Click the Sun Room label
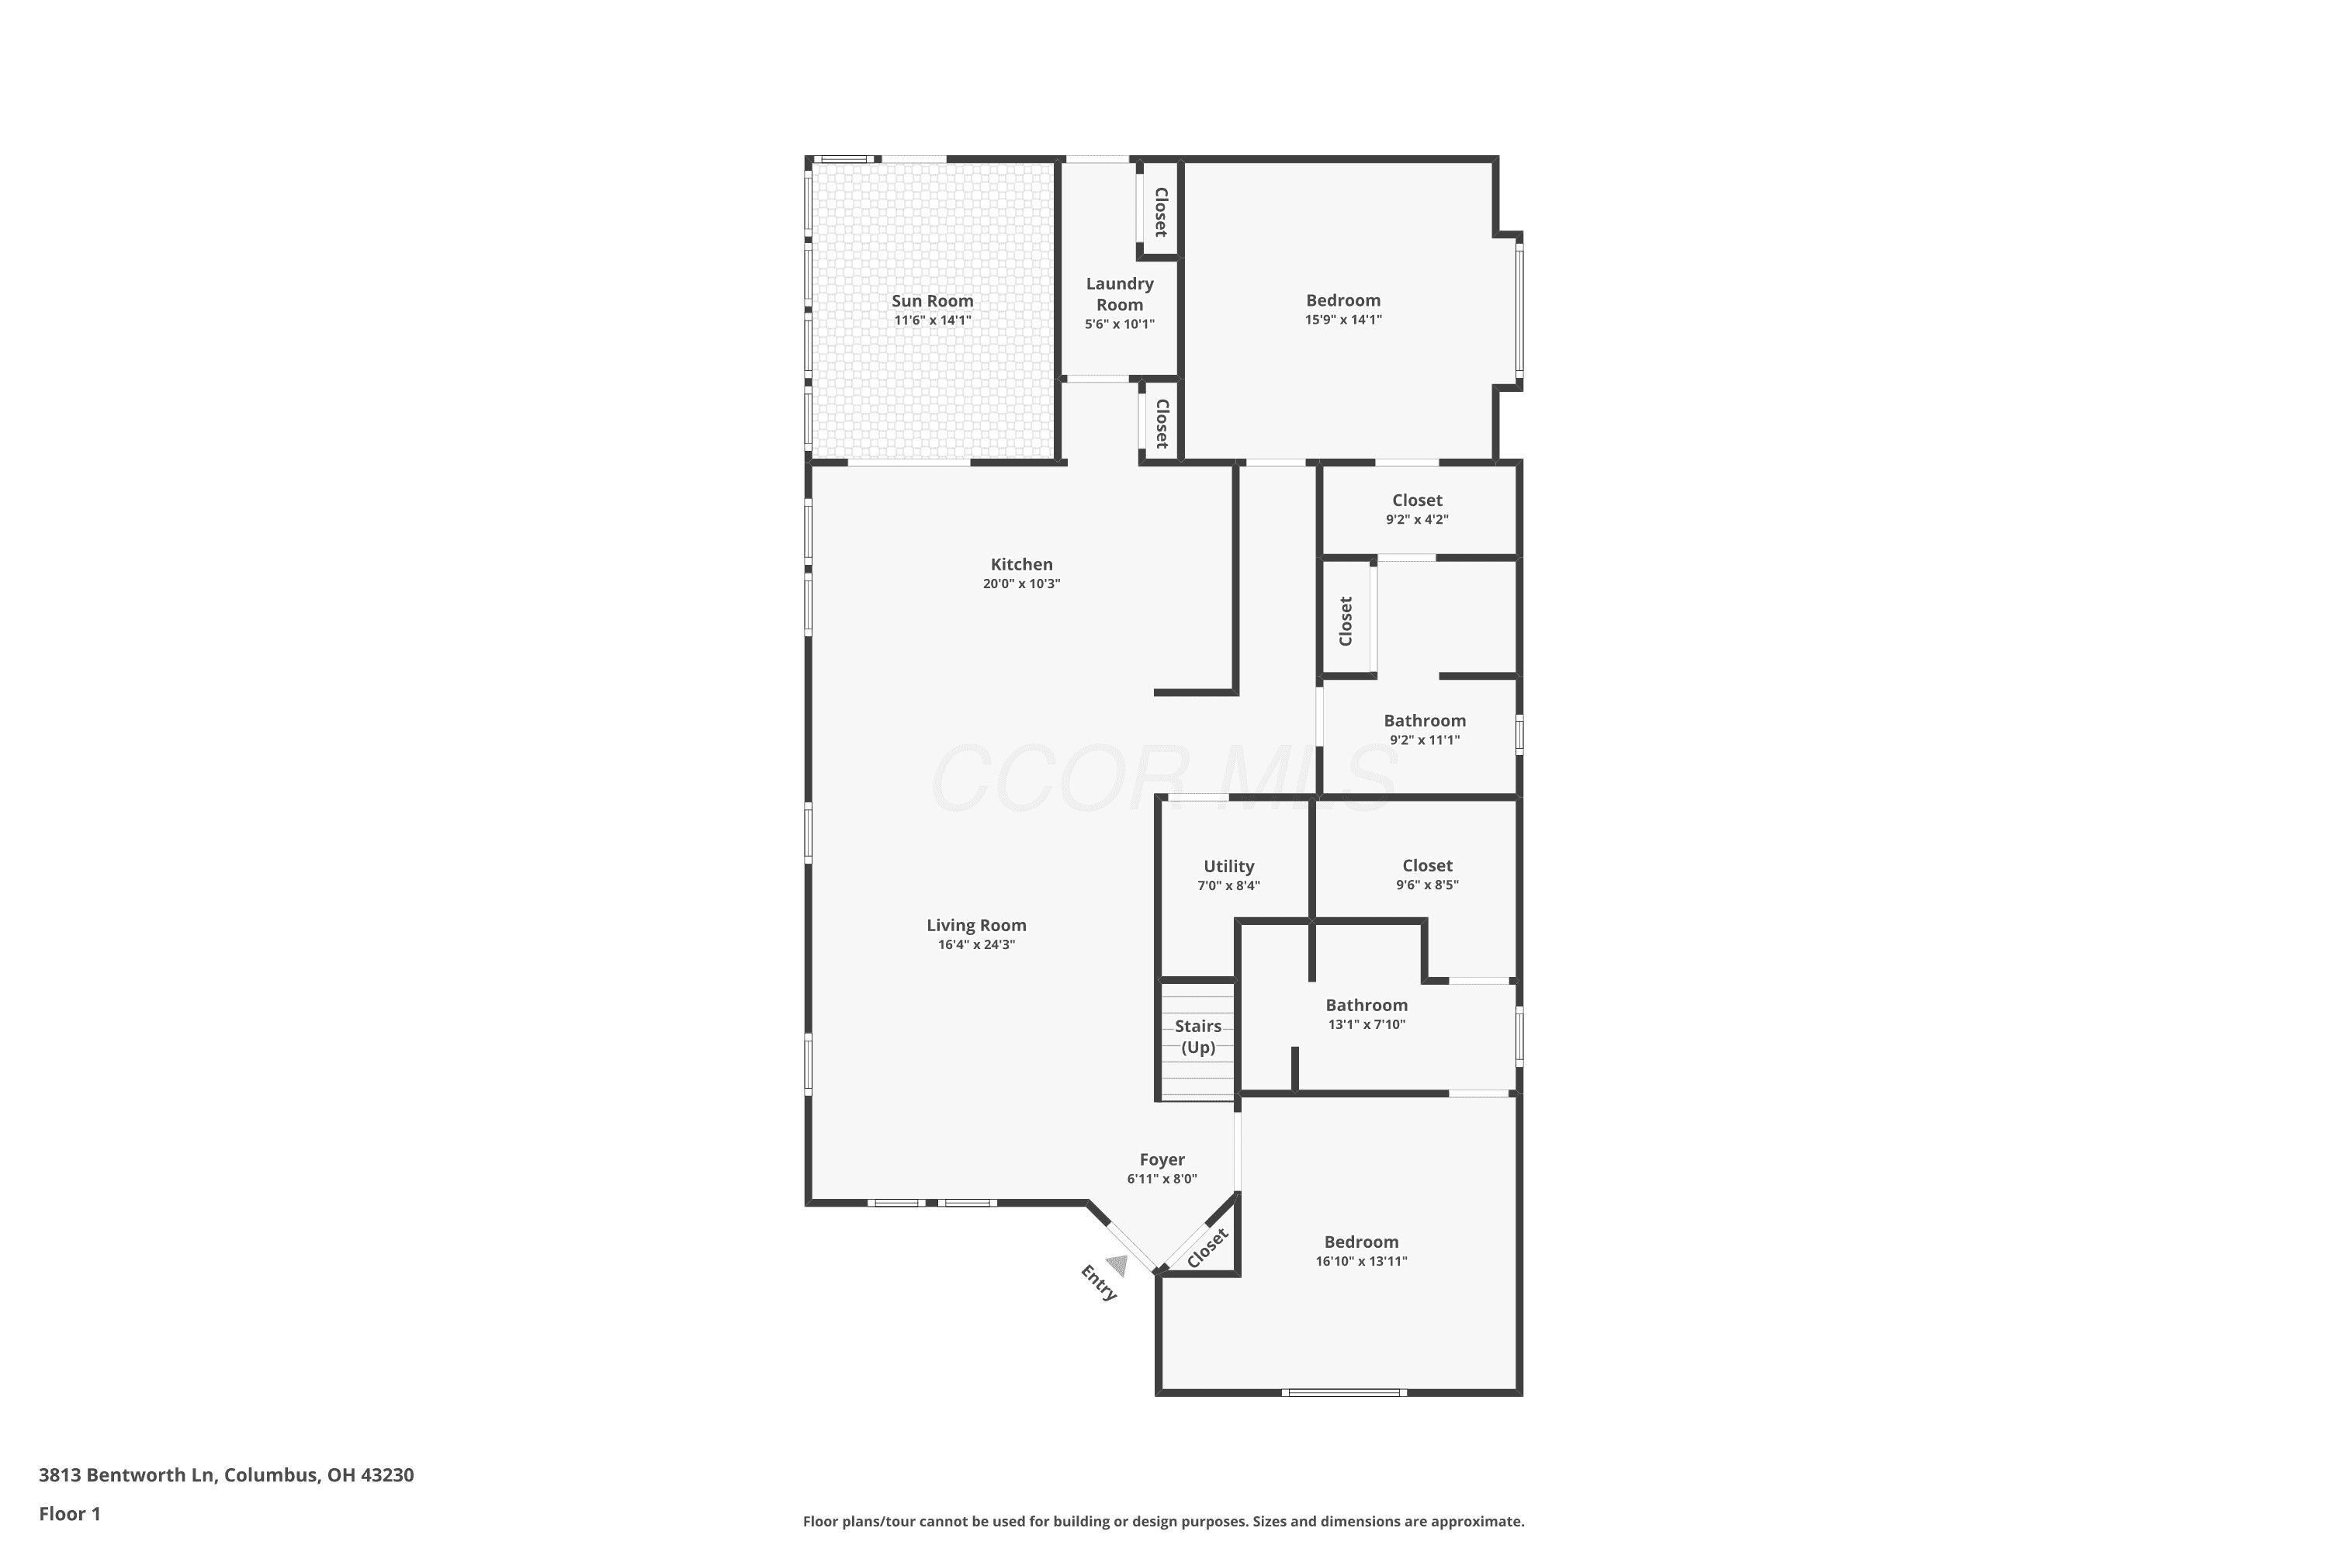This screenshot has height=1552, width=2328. pos(933,301)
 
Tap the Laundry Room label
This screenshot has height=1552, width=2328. pos(1120,294)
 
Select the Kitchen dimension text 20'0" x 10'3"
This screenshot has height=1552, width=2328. pos(1021,584)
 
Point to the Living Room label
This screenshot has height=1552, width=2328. pos(976,926)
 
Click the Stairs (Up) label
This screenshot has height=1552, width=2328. pos(1197,1036)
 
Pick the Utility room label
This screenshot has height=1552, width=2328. pos(1228,866)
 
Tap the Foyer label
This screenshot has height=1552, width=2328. pos(1162,1159)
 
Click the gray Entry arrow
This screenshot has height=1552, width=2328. pos(1117,1265)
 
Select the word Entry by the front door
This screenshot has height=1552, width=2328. pos(1099,1283)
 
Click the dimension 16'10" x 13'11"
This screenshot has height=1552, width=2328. pos(1361,1261)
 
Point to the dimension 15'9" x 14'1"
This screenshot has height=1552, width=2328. pos(1343,320)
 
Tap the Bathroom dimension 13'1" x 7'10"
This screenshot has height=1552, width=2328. pos(1366,1024)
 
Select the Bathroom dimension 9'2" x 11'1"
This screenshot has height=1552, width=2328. pos(1424,740)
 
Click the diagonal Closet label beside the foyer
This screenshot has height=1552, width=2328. pos(1207,1247)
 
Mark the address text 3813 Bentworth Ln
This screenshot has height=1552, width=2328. pos(126,1475)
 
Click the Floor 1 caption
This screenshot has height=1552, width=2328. pos(69,1513)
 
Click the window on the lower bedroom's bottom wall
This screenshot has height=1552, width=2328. pos(1343,1393)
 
